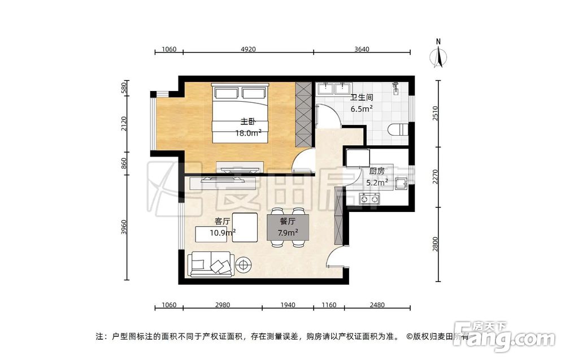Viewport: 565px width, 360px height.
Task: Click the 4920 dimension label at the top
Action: coord(248,49)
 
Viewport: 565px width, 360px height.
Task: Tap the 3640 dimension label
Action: coord(362,49)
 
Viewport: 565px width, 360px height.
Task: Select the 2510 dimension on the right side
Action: coord(435,114)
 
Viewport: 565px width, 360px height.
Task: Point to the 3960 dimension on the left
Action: coord(124,227)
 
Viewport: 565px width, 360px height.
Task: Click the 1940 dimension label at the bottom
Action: coord(288,305)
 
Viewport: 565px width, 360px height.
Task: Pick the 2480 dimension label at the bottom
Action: coord(377,305)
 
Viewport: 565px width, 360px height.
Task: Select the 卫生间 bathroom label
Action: coord(362,97)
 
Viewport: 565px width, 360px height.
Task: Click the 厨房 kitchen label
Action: coord(377,171)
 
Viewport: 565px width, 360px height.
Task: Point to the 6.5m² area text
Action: coord(362,108)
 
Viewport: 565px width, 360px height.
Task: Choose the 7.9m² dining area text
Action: coord(288,233)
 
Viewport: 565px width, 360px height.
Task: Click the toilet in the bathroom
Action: coord(398,129)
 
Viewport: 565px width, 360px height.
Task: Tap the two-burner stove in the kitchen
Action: coord(370,198)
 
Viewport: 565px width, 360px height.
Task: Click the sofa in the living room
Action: coord(211,264)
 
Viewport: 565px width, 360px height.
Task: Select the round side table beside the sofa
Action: coord(244,265)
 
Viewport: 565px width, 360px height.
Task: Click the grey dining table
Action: coord(288,227)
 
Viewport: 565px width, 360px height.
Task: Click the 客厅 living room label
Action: coord(222,222)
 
